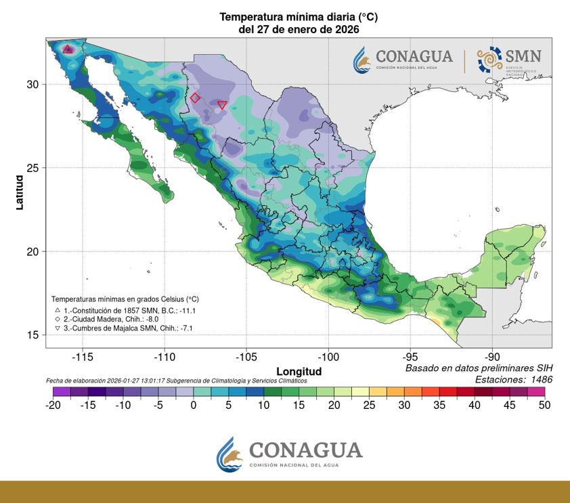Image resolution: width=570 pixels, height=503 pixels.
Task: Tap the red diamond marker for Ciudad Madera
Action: point(195,97)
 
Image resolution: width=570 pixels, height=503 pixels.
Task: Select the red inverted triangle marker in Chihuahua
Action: point(222,105)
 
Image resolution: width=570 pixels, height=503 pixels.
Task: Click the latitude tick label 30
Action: point(33,84)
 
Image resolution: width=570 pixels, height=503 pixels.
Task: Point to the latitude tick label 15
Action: point(33,335)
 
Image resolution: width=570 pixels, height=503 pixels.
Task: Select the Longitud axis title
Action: point(299,372)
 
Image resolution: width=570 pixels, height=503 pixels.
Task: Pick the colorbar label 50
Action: point(544,406)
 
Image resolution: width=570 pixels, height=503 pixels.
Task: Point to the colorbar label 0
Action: point(194,406)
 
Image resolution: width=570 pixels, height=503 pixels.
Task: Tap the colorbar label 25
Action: point(369,406)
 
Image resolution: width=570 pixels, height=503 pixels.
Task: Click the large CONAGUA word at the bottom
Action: point(305,450)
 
